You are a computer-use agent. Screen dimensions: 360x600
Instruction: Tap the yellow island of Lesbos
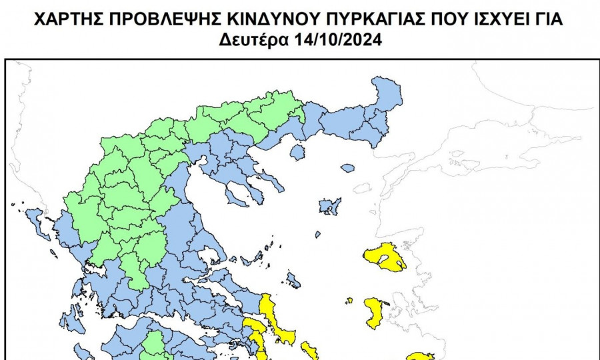pyautogui.click(x=385, y=257)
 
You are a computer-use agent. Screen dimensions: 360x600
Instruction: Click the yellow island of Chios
pyautogui.click(x=375, y=312)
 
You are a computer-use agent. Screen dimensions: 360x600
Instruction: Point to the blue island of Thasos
pyautogui.click(x=297, y=152)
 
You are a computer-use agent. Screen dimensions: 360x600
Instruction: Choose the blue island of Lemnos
pyautogui.click(x=329, y=206)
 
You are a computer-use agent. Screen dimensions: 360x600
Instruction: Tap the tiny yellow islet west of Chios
pyautogui.click(x=349, y=301)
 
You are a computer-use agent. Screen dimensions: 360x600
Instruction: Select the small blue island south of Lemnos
pyautogui.click(x=318, y=234)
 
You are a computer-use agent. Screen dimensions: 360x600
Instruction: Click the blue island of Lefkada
pyautogui.click(x=71, y=321)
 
